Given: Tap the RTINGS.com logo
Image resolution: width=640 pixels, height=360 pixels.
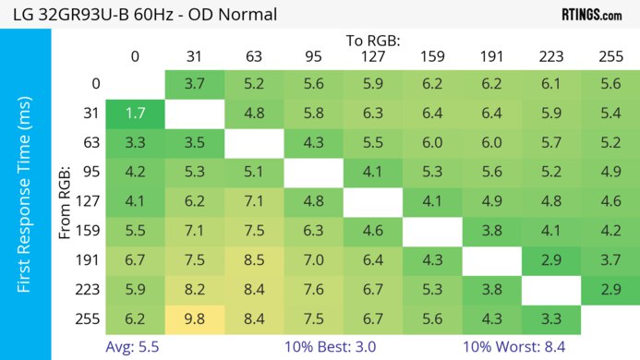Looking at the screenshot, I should (x=592, y=15).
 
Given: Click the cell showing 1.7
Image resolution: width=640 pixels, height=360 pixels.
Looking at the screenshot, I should (x=135, y=114).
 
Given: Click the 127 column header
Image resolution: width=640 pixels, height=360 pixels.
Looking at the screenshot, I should (x=373, y=56).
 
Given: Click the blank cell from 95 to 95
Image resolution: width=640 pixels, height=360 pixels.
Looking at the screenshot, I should (x=313, y=171).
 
